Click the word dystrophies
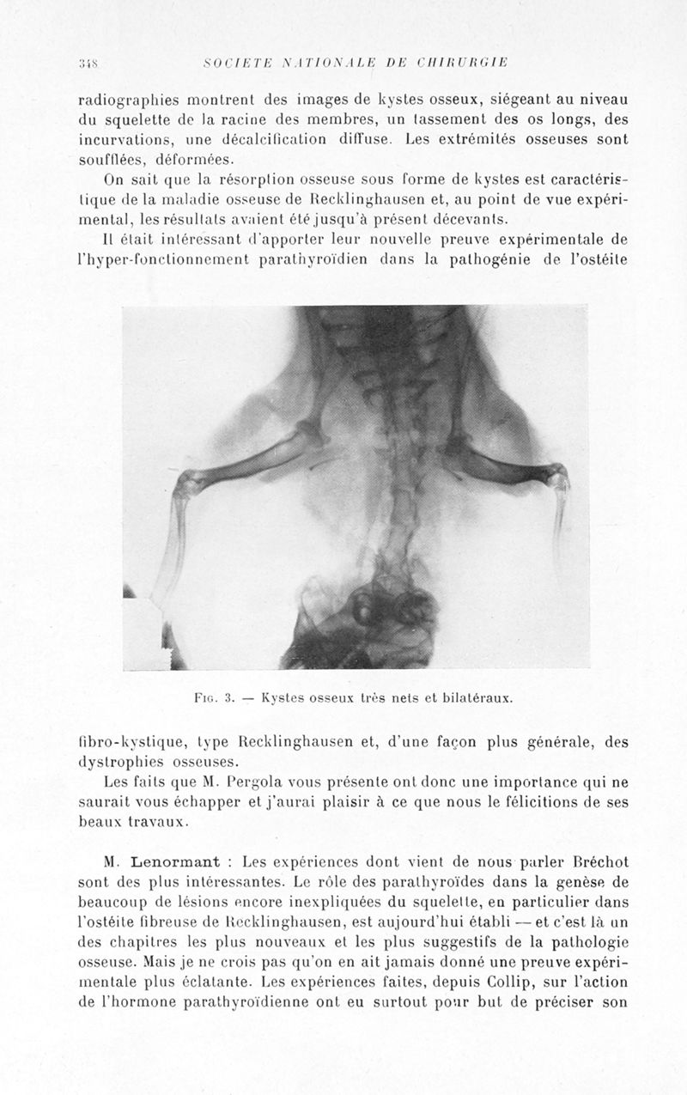coord(120,763)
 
